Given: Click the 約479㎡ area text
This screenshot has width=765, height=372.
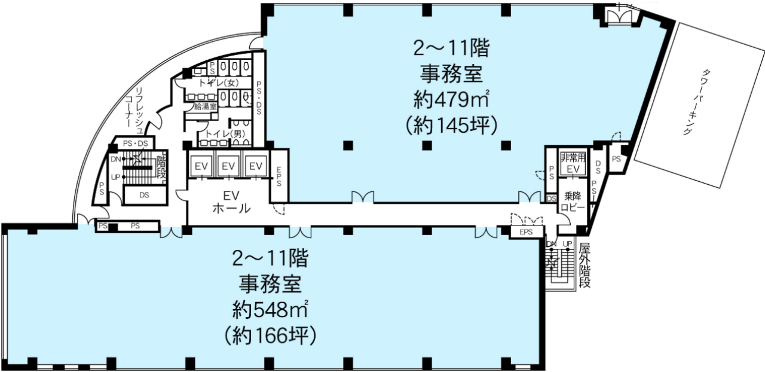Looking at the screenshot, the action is tap(451, 99).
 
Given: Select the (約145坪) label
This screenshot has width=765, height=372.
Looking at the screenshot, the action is tap(451, 126).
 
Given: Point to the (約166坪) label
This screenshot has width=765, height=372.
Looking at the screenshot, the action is tap(271, 336).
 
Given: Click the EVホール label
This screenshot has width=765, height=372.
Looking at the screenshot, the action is tap(231, 202).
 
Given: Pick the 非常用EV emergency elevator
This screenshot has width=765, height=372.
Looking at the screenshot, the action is tap(573, 163).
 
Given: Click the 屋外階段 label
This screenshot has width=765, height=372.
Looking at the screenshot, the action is tap(585, 266).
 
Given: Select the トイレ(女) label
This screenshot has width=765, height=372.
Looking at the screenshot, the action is tap(219, 83).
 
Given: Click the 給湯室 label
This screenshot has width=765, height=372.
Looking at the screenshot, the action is tap(206, 106).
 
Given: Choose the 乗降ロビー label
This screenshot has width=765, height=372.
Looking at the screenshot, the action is tap(573, 202).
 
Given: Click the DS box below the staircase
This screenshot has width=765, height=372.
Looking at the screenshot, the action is tap(145, 195).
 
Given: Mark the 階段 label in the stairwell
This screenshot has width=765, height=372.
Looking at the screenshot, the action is tap(161, 167).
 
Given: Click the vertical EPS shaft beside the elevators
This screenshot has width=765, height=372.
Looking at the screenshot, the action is tap(279, 176).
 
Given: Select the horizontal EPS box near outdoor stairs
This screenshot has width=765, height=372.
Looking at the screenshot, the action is tap(526, 232).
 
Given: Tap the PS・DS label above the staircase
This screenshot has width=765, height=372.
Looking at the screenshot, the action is tap(135, 144).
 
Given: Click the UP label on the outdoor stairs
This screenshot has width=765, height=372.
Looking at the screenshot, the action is tap(567, 244).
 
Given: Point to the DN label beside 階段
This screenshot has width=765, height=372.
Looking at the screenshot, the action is tap(116, 159).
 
